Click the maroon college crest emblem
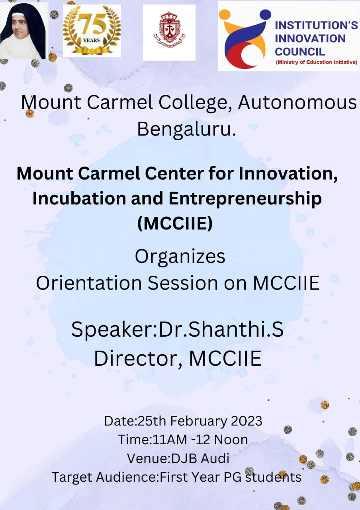tap(169, 28)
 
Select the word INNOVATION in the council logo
tap(310, 39)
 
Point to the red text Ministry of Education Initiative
tap(316, 62)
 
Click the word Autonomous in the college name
tap(297, 102)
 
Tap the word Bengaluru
tap(187, 129)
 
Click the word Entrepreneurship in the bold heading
tap(245, 199)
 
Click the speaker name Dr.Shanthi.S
tap(221, 329)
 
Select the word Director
tap(138, 358)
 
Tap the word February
tap(198, 422)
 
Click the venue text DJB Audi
tap(200, 458)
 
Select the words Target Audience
tap(104, 477)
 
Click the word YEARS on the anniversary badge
tap(91, 41)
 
